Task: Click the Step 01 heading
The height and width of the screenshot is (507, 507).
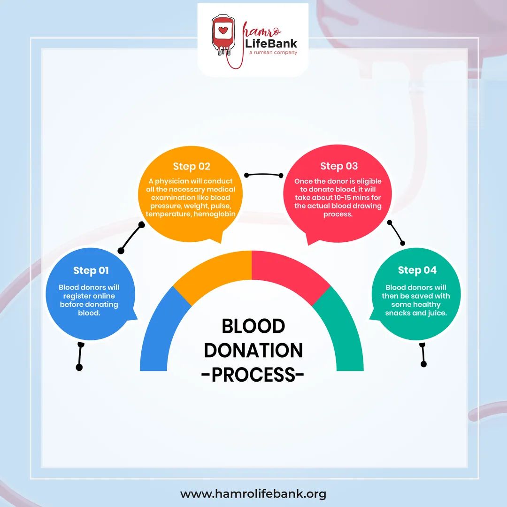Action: point(91,270)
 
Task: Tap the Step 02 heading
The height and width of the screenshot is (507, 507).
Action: point(192,166)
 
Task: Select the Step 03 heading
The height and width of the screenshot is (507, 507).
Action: point(339,166)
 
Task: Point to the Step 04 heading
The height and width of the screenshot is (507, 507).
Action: point(417,270)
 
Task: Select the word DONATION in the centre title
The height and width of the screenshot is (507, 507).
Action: point(253,351)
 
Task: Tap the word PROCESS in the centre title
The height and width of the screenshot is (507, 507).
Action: point(253,375)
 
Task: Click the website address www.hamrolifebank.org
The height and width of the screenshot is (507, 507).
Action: point(253,494)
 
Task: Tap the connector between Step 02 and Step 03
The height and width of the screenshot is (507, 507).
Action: point(264,175)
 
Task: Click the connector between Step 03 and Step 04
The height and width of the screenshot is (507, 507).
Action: point(396,232)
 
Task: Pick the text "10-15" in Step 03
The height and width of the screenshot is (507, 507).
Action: point(350,198)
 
